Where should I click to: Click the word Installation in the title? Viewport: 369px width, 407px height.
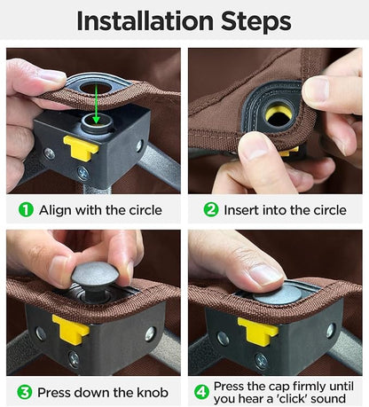(x=145, y=21)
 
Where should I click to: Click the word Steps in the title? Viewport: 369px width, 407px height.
(x=256, y=22)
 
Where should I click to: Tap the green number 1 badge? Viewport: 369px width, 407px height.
(x=26, y=210)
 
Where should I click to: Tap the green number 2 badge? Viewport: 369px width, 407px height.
(x=211, y=210)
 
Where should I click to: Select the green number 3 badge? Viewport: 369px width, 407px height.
(x=25, y=392)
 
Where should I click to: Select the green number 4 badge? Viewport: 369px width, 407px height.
(x=201, y=392)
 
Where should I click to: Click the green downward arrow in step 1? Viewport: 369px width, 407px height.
(x=96, y=106)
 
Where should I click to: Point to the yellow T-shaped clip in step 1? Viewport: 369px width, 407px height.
(x=81, y=147)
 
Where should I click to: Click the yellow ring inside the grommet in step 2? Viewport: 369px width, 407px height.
(x=278, y=113)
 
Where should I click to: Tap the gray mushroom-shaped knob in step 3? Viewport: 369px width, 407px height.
(x=95, y=278)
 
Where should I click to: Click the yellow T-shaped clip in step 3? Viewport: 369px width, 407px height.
(x=71, y=330)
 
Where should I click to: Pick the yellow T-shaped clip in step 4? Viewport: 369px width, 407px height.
(x=258, y=331)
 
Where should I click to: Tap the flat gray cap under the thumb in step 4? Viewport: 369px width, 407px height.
(x=278, y=295)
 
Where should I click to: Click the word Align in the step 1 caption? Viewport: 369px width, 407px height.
(x=55, y=210)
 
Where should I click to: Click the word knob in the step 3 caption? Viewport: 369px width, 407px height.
(x=153, y=393)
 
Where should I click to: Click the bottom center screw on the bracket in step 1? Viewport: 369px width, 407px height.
(x=83, y=174)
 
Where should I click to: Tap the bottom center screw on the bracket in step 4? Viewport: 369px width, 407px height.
(x=262, y=361)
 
